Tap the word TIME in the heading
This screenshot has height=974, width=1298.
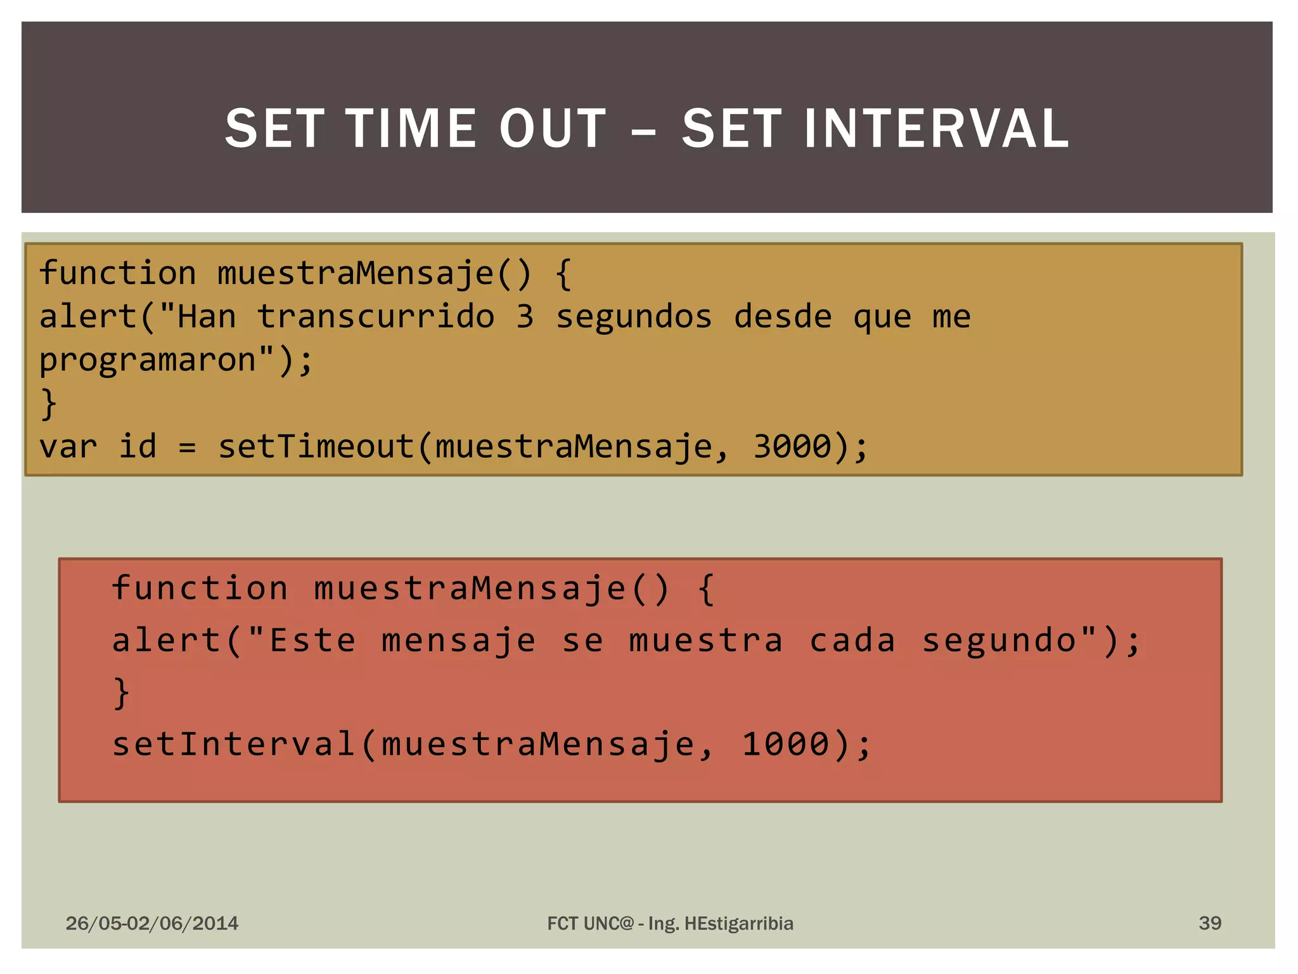(411, 129)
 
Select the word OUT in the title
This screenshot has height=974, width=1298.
(553, 129)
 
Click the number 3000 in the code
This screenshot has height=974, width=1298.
(792, 446)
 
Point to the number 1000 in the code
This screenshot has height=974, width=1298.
(785, 744)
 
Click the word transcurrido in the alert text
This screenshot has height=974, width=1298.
(375, 316)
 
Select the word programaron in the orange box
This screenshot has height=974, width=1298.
(148, 360)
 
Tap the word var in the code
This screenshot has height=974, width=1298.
(68, 446)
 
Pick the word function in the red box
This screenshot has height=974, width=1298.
(200, 588)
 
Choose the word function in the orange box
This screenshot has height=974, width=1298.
(118, 273)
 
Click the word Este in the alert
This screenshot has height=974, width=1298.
(312, 640)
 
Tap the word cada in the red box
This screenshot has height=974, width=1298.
(852, 640)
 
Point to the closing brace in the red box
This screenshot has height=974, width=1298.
(121, 692)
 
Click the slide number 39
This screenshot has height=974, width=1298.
(1210, 923)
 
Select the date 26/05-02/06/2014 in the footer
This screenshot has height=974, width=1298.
(152, 923)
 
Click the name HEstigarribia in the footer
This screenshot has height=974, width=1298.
(739, 923)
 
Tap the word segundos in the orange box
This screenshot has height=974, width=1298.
(634, 316)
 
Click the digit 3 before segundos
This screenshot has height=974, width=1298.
(525, 316)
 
